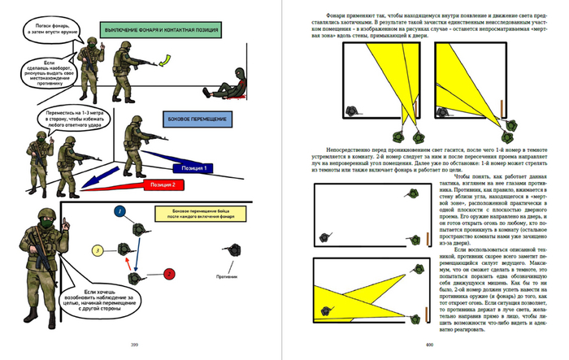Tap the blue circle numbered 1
[x=119, y=212]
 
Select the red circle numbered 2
[x=169, y=274]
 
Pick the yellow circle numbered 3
[x=97, y=250]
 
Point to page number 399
[x=134, y=343]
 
